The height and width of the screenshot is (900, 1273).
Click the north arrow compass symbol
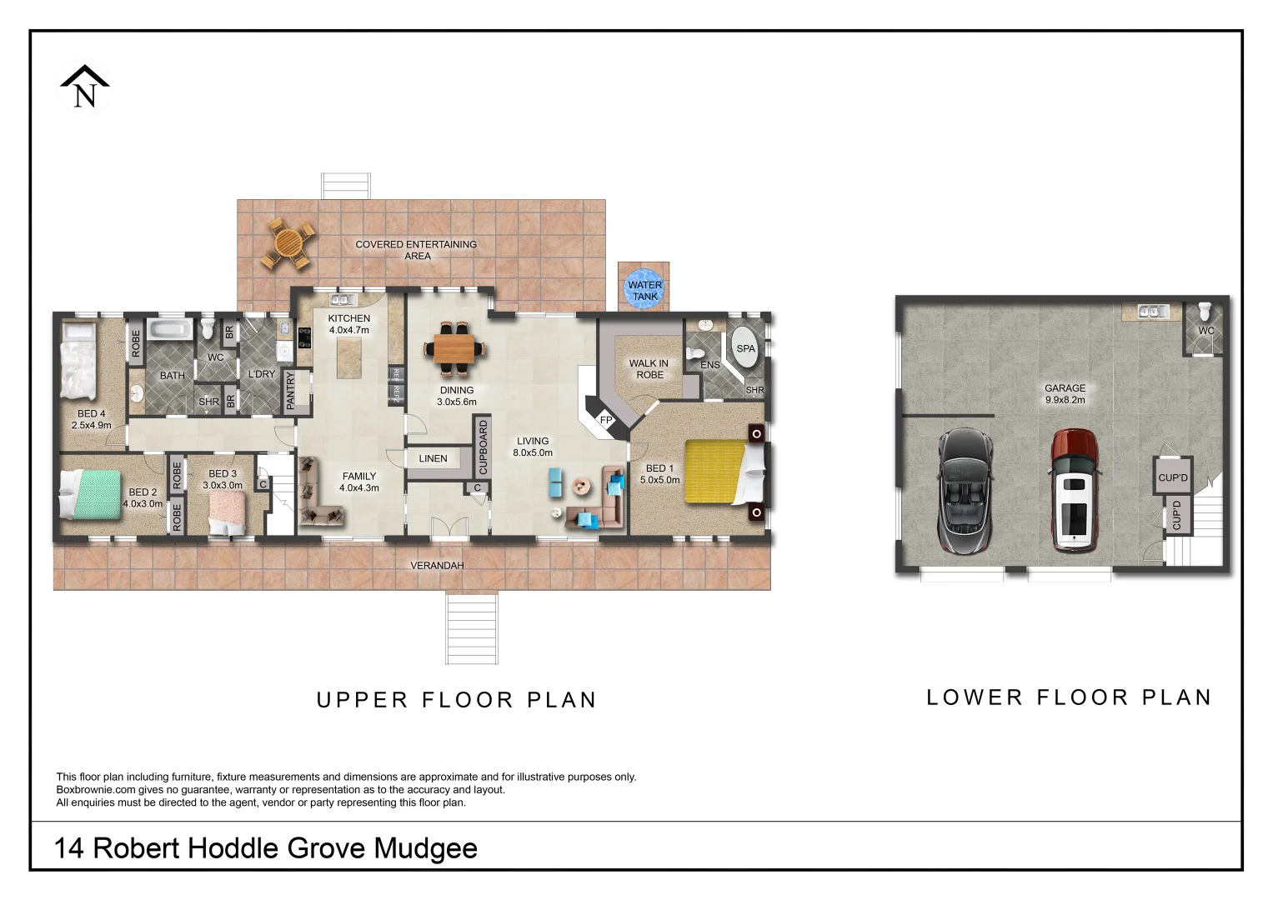[x=84, y=87]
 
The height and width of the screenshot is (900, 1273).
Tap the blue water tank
[x=644, y=290]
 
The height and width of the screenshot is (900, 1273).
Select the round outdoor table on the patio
[x=288, y=243]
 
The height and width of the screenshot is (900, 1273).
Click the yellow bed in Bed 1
[x=715, y=472]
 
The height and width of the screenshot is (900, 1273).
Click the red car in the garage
[x=1073, y=490]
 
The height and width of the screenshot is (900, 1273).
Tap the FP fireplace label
[x=607, y=420]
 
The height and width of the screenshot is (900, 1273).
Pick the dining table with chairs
[x=455, y=347]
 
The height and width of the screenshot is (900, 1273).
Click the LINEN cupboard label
[x=433, y=458]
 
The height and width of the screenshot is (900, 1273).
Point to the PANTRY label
[x=291, y=390]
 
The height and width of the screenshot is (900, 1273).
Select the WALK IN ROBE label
[x=649, y=369]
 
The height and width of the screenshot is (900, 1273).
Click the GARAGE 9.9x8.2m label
[x=1065, y=393]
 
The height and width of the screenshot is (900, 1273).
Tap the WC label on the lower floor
[x=1206, y=331]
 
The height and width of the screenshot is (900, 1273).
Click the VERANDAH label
[x=437, y=566]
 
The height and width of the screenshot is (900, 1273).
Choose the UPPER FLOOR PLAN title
[x=457, y=700]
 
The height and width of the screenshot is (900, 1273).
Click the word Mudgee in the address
[x=425, y=848]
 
